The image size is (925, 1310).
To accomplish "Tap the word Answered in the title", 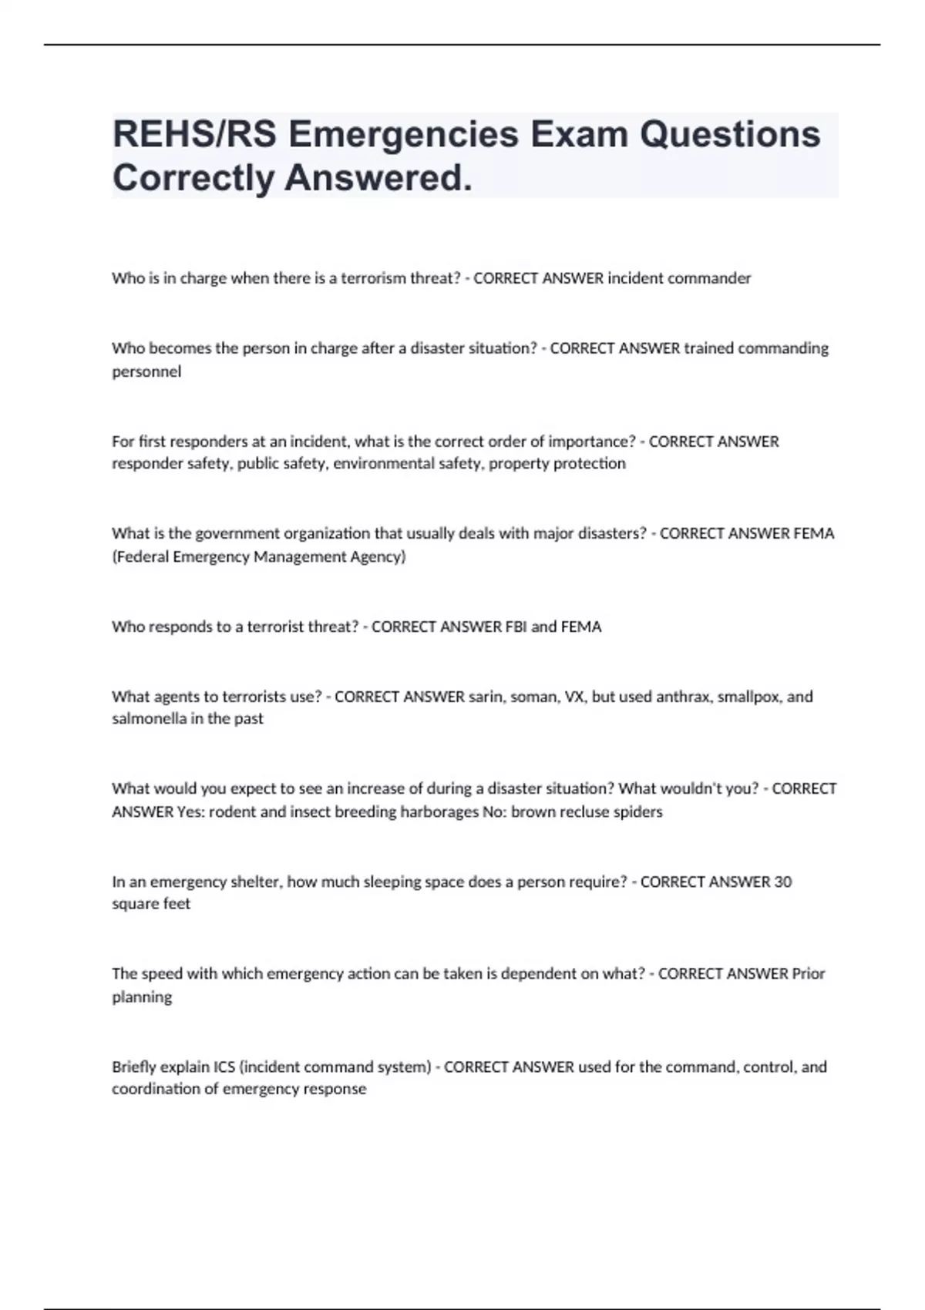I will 378,179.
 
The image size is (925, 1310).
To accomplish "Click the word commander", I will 709,278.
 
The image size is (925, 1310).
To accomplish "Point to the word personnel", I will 146,371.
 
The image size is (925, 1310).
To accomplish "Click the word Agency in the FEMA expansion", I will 379,556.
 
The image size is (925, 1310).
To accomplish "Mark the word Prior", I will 809,974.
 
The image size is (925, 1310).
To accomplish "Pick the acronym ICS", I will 220,1067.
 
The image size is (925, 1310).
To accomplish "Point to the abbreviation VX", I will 574,697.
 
